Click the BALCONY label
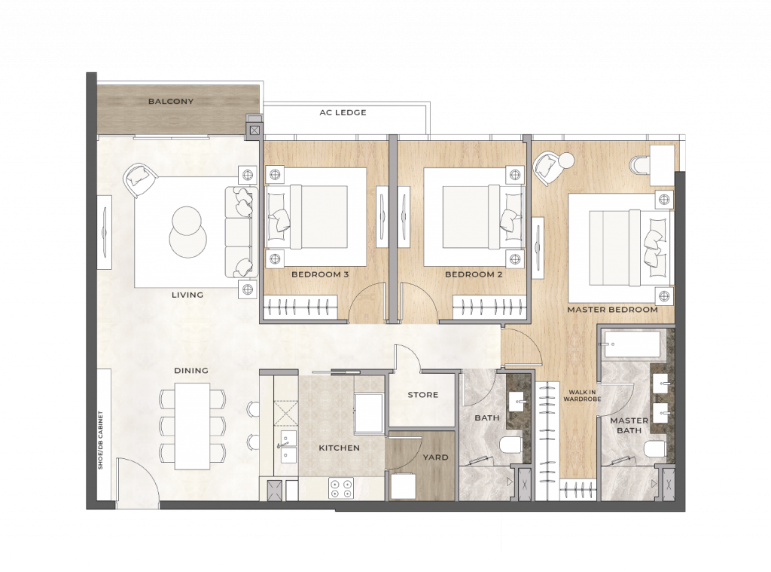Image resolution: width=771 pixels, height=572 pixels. tap(171, 102)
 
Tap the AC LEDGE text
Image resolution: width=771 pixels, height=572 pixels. tap(343, 112)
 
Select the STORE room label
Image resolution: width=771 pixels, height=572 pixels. tap(423, 395)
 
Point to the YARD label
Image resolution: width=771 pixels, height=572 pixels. tap(436, 457)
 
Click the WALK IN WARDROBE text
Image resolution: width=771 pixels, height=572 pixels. tap(582, 396)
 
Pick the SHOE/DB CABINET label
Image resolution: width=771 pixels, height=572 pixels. tap(100, 440)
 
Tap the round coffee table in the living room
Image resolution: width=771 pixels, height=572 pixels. tap(187, 231)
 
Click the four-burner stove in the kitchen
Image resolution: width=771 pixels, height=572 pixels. tap(341, 488)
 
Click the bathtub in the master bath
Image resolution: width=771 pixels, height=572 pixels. tap(632, 345)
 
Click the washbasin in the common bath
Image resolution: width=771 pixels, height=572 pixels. tap(518, 401)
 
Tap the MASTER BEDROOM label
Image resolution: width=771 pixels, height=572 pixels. tap(612, 310)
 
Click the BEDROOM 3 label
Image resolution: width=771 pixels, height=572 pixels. tap(320, 274)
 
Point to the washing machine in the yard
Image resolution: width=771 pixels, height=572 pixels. tap(404, 486)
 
